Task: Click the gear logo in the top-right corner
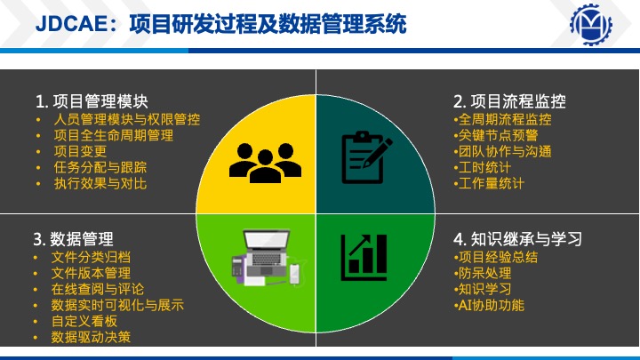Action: click(x=590, y=25)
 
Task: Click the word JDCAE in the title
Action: click(x=71, y=23)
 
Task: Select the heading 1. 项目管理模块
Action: click(x=92, y=101)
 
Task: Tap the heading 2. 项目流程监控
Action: click(x=509, y=101)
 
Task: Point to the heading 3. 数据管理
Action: click(x=73, y=239)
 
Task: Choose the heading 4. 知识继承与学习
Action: click(x=517, y=239)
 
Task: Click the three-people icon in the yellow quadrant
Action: click(x=265, y=163)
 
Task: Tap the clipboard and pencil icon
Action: click(x=367, y=157)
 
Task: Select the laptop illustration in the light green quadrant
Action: click(x=268, y=258)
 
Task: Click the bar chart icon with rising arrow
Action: click(x=364, y=258)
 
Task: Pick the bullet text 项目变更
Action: click(x=80, y=151)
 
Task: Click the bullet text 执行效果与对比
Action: click(x=100, y=183)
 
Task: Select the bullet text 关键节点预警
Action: click(x=498, y=135)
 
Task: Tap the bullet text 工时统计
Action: click(x=484, y=167)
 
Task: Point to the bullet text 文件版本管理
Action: click(x=91, y=273)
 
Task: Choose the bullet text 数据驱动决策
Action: click(x=91, y=337)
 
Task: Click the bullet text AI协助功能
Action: click(x=491, y=305)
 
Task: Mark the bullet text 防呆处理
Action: click(x=484, y=273)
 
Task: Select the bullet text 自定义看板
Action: click(x=84, y=321)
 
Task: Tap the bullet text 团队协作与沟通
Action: click(x=505, y=151)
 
